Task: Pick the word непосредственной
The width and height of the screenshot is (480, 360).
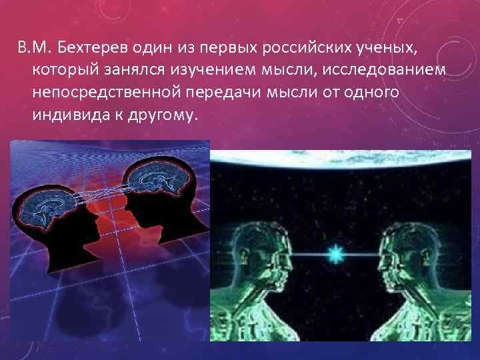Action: tap(110, 92)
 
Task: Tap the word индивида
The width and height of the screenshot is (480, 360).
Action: tap(66, 114)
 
